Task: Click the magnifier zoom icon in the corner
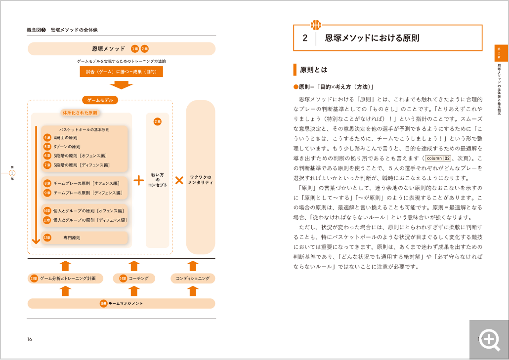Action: point(489,340)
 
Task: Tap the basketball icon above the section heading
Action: point(315,25)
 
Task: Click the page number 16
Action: point(30,339)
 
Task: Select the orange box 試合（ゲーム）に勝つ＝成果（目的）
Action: point(121,72)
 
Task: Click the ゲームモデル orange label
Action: point(100,100)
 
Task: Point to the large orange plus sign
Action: point(139,180)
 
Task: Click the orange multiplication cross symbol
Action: point(179,180)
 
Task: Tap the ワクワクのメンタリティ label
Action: point(200,180)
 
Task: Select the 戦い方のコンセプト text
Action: point(158,180)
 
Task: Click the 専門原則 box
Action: point(85,238)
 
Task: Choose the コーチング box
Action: point(134,279)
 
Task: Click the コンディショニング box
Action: point(193,279)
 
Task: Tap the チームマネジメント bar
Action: point(122,303)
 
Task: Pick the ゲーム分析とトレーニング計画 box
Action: point(66,279)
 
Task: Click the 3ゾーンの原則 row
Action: point(85,147)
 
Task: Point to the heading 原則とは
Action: point(313,70)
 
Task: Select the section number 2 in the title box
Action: point(305,38)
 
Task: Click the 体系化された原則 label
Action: point(80,113)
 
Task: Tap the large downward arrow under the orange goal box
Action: point(121,84)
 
